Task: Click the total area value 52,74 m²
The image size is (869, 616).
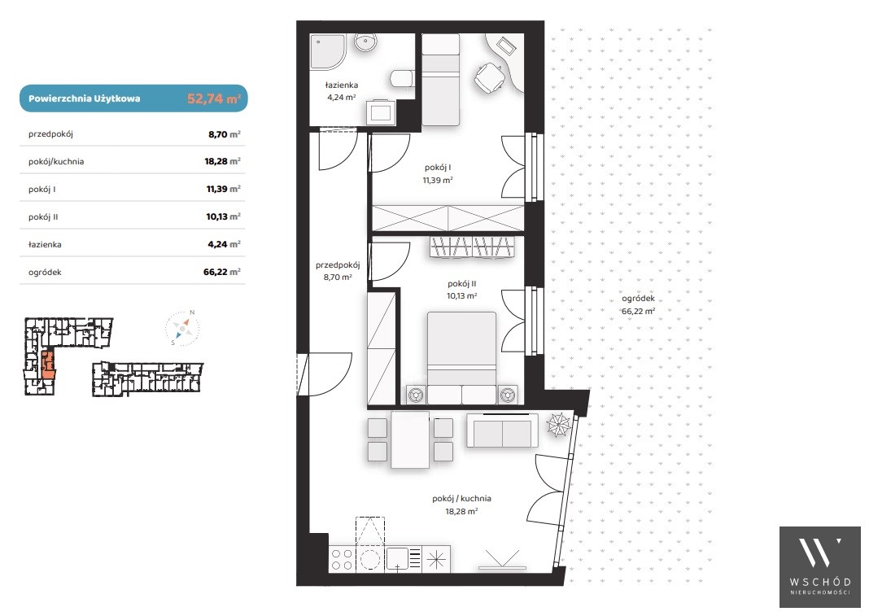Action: coord(214,98)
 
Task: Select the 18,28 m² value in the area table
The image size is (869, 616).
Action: coord(222,161)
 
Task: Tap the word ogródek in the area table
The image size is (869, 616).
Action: coord(45,273)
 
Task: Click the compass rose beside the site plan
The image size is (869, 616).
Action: coord(182,328)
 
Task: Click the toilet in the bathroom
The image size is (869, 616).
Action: coord(402,78)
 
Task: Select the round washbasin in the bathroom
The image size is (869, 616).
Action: coord(365,42)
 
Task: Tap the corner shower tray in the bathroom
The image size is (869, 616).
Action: coord(328,52)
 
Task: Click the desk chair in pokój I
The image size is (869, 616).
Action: coord(490,77)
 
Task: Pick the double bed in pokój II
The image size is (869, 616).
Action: coord(461,357)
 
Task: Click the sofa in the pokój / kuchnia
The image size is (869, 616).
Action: coord(502,430)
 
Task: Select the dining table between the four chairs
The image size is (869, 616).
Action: coord(410,439)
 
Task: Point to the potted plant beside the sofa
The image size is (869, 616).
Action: coord(558,425)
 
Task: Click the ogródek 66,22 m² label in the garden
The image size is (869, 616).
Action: coord(639,305)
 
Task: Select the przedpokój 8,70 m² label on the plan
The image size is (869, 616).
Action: coord(338,271)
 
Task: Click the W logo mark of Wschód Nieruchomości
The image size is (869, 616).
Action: coord(819,552)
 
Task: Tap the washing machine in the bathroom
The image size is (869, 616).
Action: coord(382,112)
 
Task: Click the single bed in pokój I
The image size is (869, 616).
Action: coord(440,79)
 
